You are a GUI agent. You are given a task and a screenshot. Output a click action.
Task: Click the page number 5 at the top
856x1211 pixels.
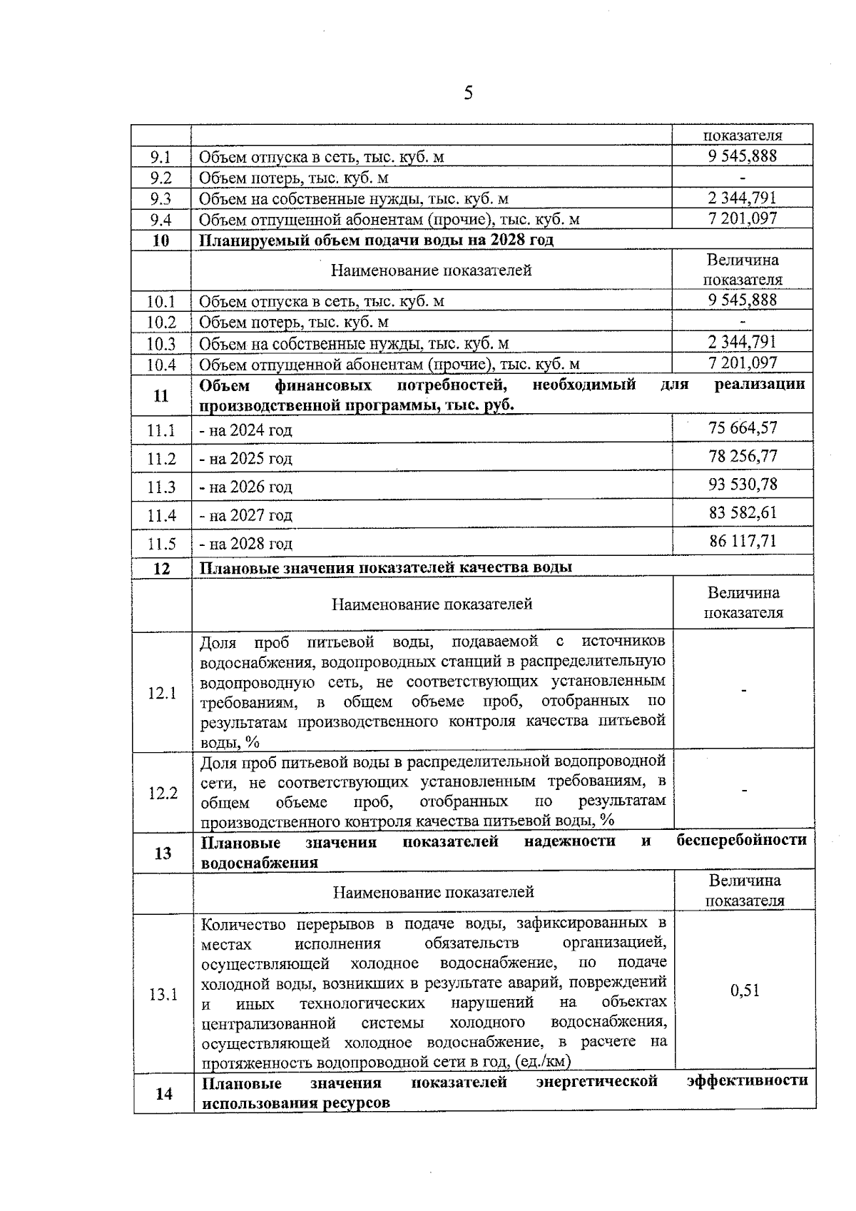tap(468, 93)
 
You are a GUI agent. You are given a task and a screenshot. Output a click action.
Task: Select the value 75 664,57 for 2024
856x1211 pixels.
tap(743, 428)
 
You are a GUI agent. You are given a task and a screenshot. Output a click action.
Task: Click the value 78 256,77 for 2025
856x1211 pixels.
tap(743, 457)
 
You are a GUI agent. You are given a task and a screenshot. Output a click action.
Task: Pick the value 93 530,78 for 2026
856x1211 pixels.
tap(743, 485)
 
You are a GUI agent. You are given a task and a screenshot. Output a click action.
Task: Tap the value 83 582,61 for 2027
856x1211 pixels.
tap(743, 513)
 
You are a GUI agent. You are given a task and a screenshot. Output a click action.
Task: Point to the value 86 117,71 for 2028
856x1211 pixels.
tap(743, 541)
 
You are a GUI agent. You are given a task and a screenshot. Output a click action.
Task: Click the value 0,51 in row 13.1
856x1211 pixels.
tap(745, 990)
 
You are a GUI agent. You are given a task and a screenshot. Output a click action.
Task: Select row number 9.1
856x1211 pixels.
tap(160, 157)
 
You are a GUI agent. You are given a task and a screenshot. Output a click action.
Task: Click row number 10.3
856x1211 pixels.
tap(161, 344)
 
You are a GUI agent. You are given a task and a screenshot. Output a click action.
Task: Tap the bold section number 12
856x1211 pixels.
tap(162, 569)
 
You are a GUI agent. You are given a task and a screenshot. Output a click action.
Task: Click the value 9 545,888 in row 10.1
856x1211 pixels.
tap(743, 300)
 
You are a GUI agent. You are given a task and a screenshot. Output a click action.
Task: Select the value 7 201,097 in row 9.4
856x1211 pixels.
tap(743, 218)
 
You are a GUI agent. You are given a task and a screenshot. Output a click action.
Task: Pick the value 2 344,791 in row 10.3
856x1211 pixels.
tap(743, 342)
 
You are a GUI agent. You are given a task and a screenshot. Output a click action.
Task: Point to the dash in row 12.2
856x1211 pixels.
tap(745, 791)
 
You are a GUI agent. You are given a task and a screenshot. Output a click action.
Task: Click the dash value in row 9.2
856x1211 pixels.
tap(743, 178)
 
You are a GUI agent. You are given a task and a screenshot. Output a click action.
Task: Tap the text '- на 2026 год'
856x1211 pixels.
tap(245, 487)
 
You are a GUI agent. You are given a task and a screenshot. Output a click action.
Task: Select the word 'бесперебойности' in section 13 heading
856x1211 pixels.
tap(741, 841)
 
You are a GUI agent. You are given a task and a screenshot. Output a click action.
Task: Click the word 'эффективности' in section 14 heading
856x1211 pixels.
tap(747, 1081)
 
